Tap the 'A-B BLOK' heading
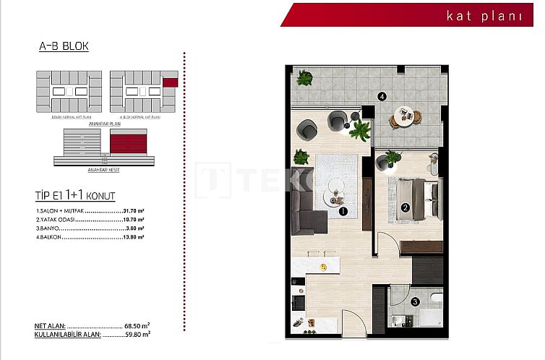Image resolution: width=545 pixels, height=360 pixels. [x=64, y=47]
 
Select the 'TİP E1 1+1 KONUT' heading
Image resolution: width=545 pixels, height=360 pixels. [x=74, y=195]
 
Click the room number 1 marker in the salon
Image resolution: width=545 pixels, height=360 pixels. [x=343, y=212]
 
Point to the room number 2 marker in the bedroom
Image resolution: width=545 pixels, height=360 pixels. [x=405, y=208]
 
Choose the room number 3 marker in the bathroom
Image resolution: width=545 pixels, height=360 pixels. [x=414, y=303]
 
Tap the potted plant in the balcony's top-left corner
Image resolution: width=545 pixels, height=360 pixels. [x=305, y=78]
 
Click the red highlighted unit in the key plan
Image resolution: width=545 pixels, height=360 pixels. [x=170, y=83]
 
